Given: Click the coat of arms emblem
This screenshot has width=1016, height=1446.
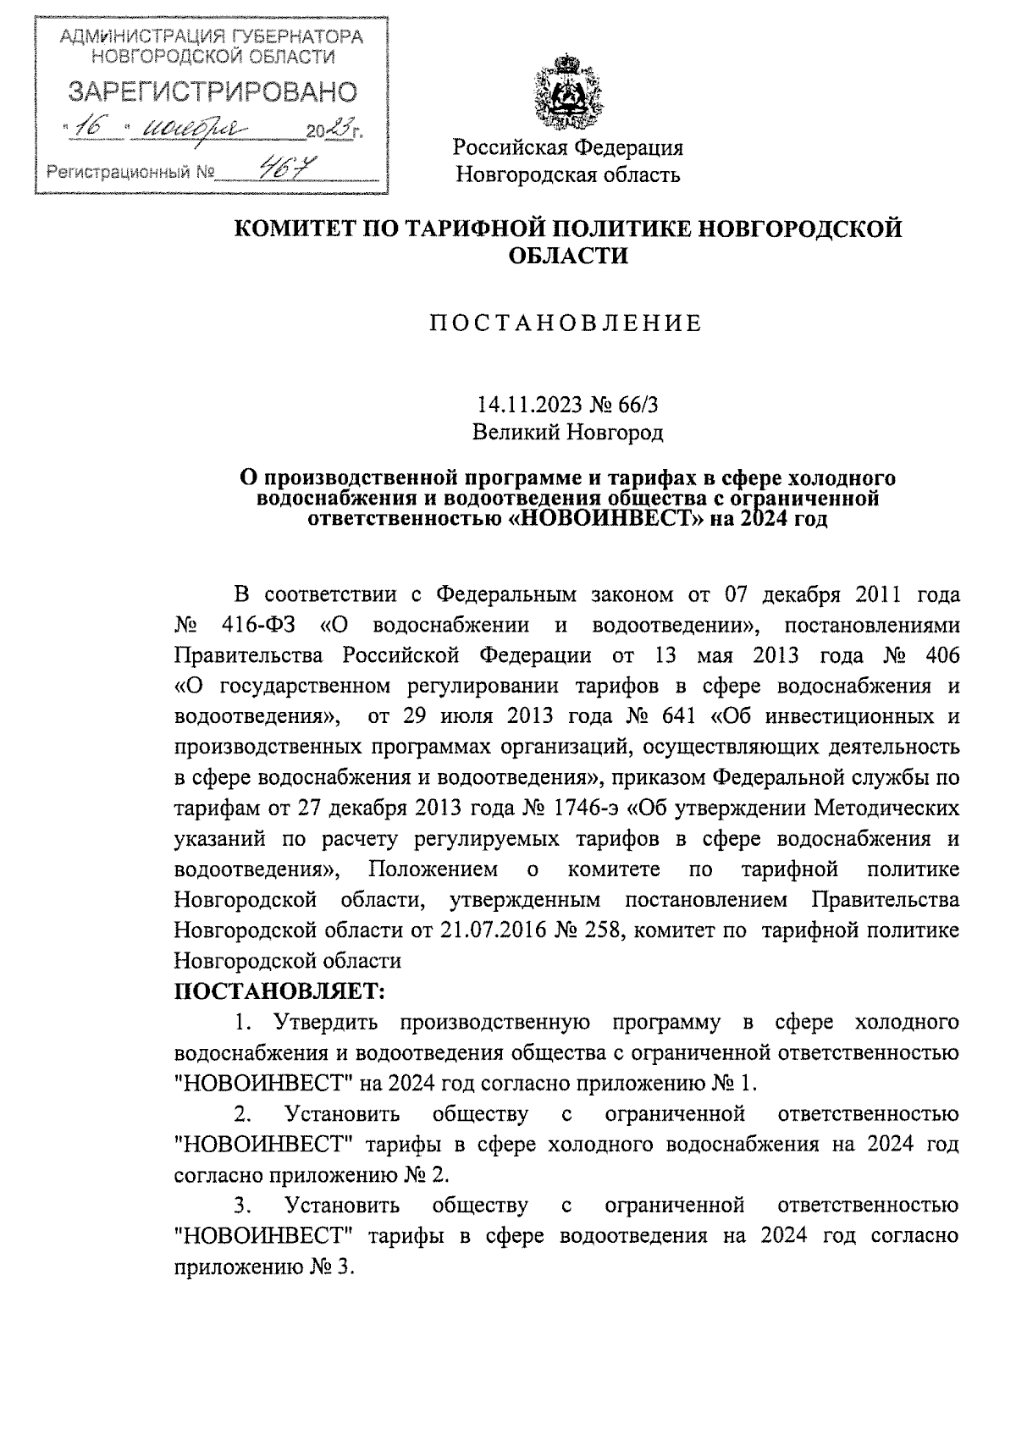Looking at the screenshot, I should coord(566,91).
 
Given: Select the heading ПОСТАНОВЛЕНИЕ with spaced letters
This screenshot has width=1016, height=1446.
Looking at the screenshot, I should coord(566,323).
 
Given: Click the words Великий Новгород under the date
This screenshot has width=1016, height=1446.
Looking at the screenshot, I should coord(567,433).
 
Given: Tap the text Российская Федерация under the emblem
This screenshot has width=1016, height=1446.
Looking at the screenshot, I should coord(567,148).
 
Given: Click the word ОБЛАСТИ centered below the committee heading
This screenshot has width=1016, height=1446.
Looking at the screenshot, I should coord(567,255).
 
